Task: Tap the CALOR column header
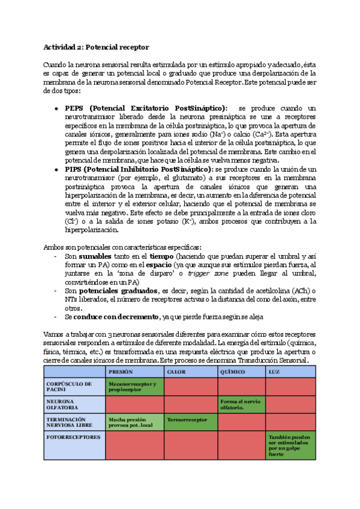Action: tap(176, 372)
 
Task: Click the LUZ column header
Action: tap(275, 372)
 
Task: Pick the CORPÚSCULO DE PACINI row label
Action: tap(68, 387)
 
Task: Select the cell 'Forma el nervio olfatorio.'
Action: tap(240, 404)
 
